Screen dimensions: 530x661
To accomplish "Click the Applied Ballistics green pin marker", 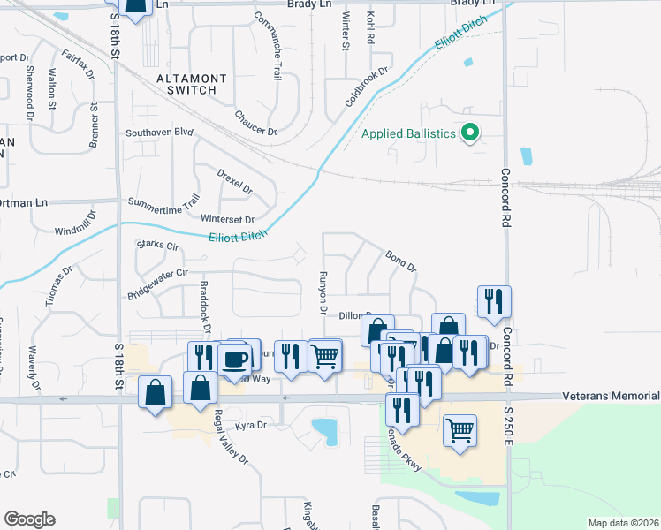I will coord(470,133).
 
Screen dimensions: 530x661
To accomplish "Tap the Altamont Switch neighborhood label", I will coord(191,84).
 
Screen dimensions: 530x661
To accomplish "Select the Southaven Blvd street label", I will coord(159,132).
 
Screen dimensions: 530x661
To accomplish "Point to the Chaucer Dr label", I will coord(255,124).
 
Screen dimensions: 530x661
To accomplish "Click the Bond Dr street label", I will coord(400,260).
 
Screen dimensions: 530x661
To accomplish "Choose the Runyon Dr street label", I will coord(323,291).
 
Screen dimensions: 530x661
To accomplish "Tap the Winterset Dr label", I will coord(227,219).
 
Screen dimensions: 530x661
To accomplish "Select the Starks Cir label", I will coord(157,244).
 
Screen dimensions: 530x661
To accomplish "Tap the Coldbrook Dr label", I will coord(367,87).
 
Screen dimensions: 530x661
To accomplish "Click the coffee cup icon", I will coord(235,359).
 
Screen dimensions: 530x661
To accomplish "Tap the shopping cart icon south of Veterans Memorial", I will coord(460,431).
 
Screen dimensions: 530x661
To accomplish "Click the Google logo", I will coord(29,519).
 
